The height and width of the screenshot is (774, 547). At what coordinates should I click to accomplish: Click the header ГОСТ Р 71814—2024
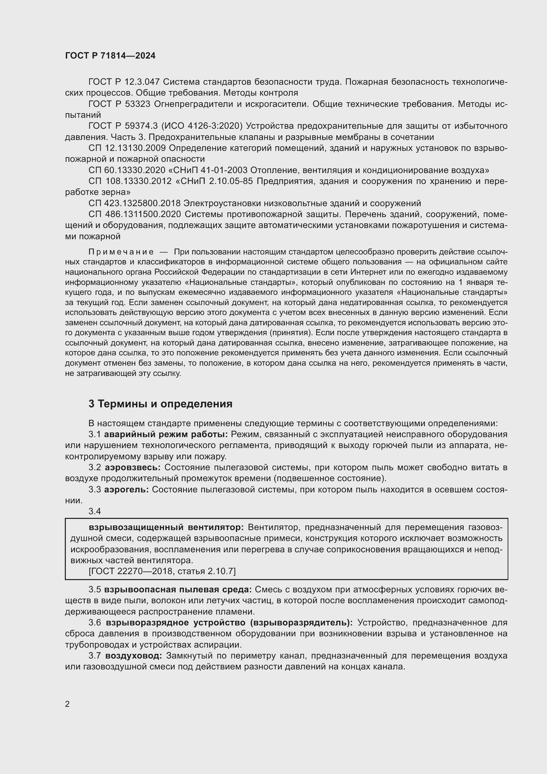110,56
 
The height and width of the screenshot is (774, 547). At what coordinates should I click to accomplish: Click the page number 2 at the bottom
67,704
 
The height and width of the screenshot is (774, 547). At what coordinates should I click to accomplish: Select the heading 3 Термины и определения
160,403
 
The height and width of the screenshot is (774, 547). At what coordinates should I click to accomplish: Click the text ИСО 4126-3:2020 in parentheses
202,126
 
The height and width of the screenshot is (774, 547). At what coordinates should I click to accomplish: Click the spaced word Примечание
121,252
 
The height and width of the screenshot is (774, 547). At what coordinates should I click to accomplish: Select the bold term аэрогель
126,489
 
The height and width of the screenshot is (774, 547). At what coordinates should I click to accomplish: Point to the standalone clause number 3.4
95,511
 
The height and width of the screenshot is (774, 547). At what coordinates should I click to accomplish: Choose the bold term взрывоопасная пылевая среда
178,590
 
